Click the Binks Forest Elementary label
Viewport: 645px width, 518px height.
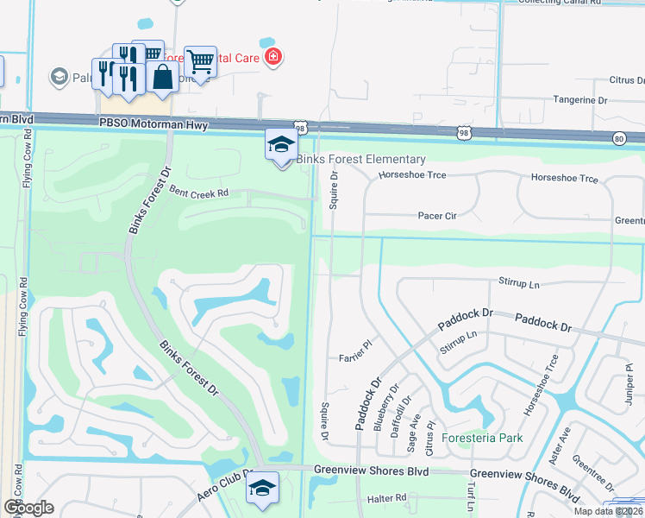tap(361, 160)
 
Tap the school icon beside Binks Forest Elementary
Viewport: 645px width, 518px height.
tap(281, 145)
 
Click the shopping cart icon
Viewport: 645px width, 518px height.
tap(200, 61)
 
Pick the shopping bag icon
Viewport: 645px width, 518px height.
tap(162, 77)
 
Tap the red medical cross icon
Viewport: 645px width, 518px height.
tap(273, 57)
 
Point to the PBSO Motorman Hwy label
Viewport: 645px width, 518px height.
tap(154, 125)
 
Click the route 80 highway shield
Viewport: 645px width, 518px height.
tap(619, 138)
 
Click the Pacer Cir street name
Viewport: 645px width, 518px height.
tap(436, 216)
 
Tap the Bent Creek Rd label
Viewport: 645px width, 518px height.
tap(198, 192)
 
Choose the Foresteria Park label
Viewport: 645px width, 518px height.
tap(482, 438)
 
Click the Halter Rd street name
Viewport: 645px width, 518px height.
tap(386, 498)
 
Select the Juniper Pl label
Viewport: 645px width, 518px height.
tap(628, 380)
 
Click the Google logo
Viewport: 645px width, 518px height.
tap(28, 507)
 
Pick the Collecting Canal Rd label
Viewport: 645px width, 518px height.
tap(567, 3)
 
